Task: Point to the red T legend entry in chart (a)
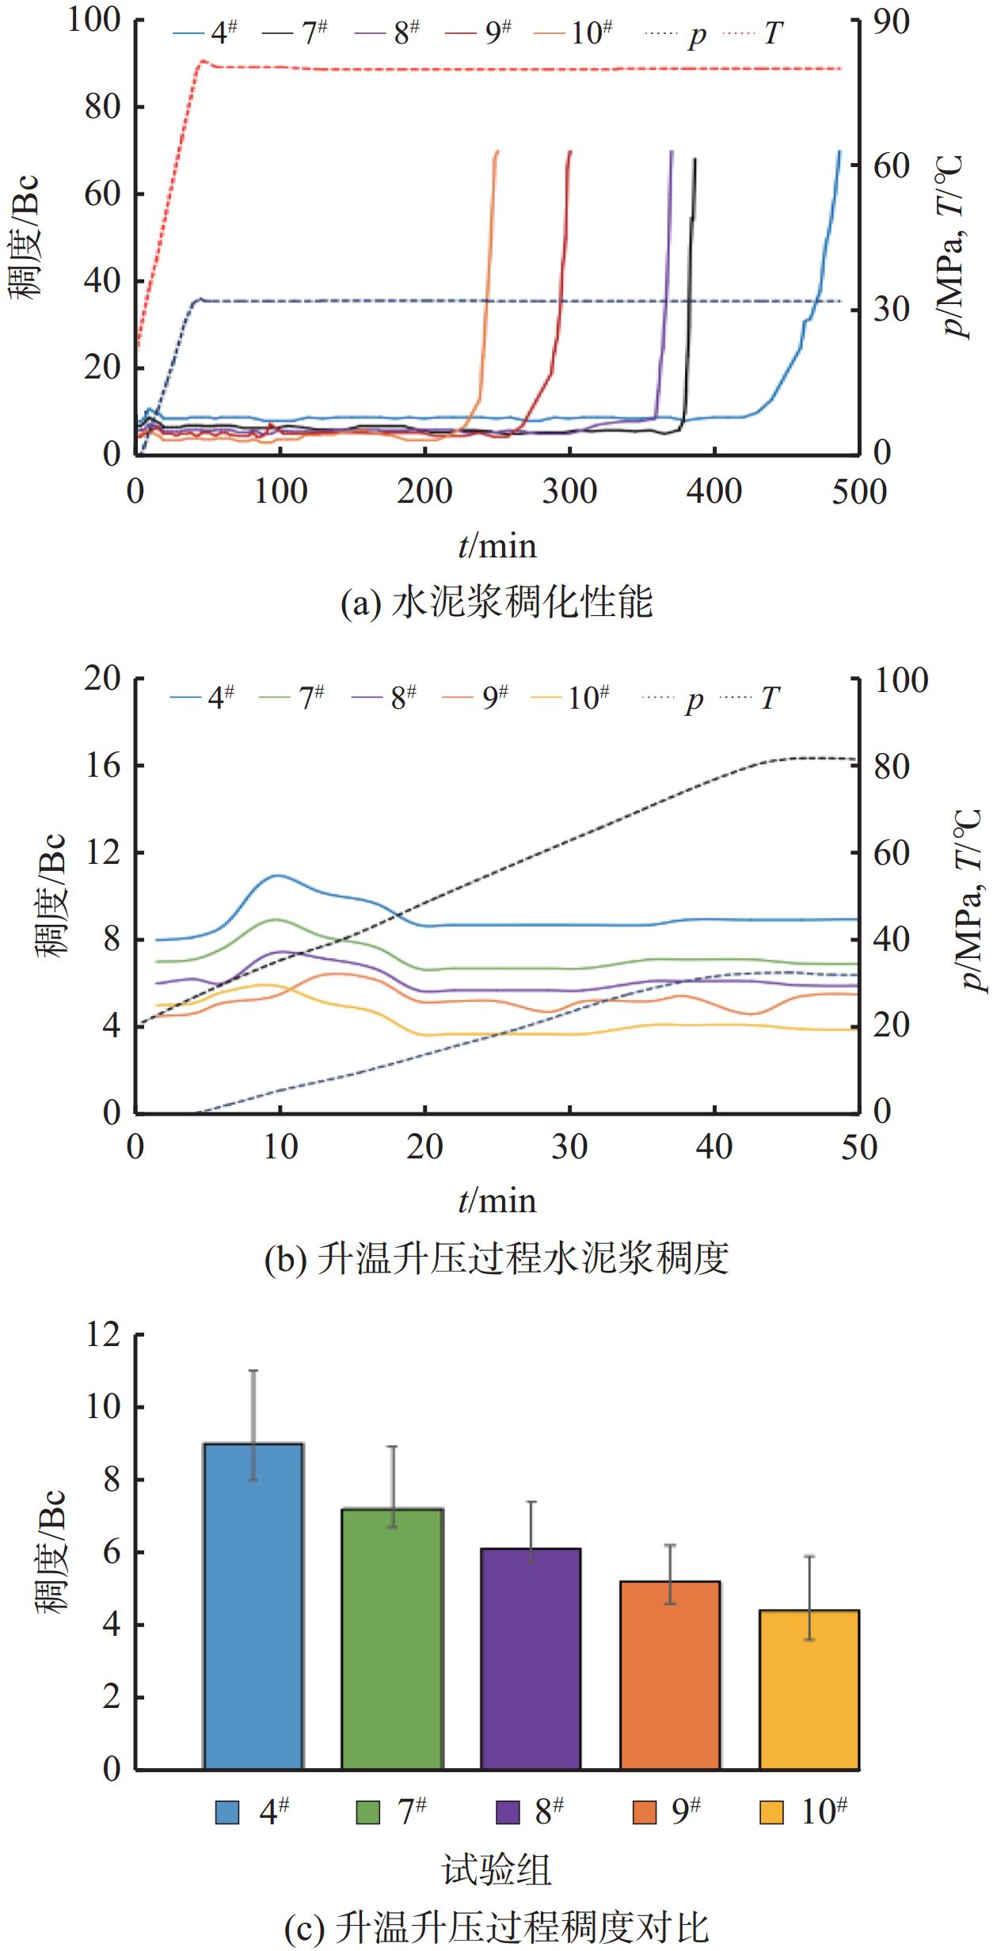(752, 33)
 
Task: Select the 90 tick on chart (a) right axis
(892, 21)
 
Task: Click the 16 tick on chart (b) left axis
(102, 766)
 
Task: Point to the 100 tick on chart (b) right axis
(900, 680)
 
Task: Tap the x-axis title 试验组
(497, 1870)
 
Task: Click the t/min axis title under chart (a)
(497, 546)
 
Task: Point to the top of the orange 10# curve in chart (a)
(497, 151)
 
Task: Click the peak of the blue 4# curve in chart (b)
(277, 875)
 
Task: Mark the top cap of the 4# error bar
(253, 1371)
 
